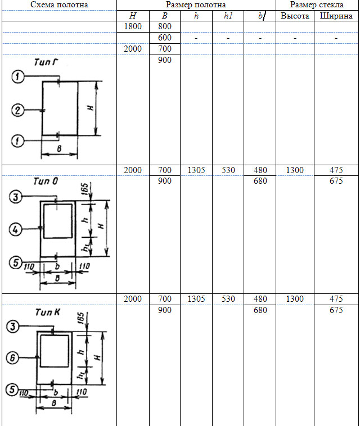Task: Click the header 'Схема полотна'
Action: click(59, 4)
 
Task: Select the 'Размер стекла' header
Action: click(317, 4)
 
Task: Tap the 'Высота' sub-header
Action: click(295, 16)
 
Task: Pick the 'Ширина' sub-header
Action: click(336, 16)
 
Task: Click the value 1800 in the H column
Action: click(133, 26)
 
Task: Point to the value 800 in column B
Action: click(165, 26)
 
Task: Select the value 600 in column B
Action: click(165, 38)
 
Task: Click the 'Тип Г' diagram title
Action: click(46, 62)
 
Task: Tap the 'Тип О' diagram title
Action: click(46, 181)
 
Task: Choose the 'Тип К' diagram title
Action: click(48, 312)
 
